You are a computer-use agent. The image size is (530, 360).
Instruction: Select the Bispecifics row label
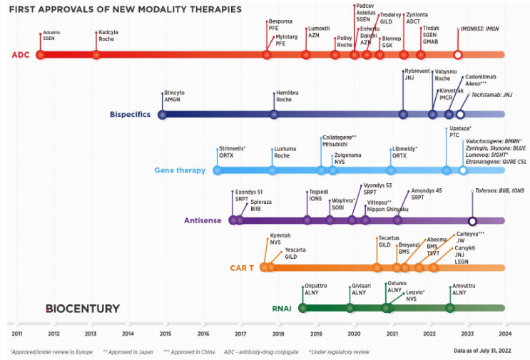(131, 114)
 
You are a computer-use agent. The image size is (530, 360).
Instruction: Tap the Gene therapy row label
(180, 170)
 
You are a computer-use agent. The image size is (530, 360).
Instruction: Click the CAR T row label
(243, 268)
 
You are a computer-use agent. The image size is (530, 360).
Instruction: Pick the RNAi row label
(282, 308)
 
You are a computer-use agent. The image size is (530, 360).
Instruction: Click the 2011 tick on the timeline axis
(16, 333)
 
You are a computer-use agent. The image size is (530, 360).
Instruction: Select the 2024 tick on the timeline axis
(505, 333)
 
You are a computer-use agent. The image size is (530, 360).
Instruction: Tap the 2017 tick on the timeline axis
(240, 333)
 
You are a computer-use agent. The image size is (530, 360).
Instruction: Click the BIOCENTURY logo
(82, 308)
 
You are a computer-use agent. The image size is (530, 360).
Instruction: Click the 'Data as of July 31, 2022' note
(483, 351)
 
